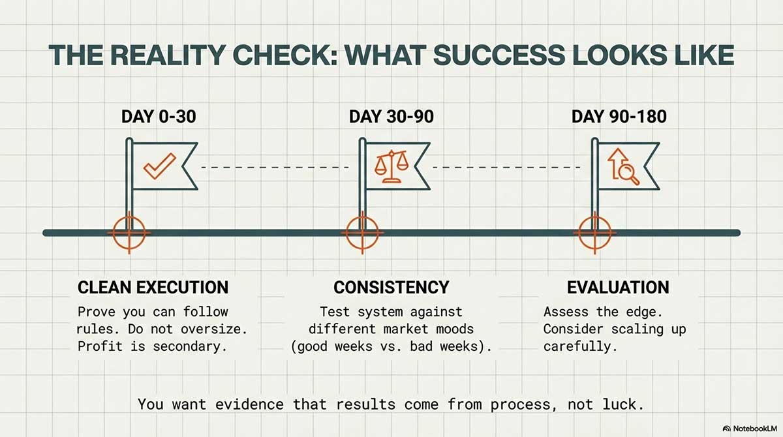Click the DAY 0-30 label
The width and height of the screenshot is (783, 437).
159,117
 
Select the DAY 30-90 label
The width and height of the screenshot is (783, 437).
391,117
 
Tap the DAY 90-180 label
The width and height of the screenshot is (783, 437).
619,117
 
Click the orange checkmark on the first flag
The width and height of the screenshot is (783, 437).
159,166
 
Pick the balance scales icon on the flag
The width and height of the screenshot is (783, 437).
391,166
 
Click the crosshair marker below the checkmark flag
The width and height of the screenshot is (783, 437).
129,233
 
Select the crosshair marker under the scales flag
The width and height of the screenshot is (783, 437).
362,233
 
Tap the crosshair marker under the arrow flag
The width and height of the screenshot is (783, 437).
594,233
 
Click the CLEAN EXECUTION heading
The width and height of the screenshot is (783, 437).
153,288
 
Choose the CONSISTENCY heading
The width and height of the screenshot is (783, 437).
391,288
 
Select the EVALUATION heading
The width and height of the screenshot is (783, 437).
618,288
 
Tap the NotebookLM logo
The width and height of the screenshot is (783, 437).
748,429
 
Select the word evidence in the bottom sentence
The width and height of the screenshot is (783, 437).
249,404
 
